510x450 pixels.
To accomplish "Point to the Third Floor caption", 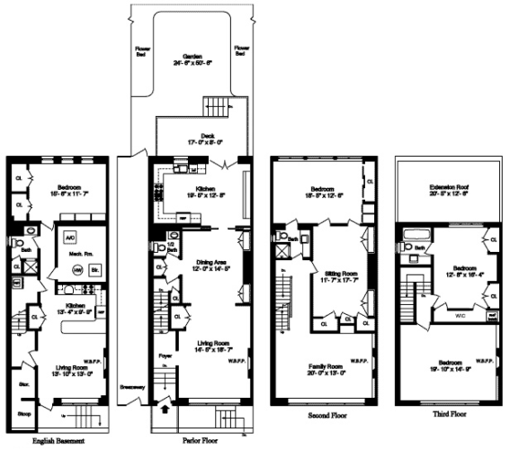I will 447,417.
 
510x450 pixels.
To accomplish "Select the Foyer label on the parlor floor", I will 165,355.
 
